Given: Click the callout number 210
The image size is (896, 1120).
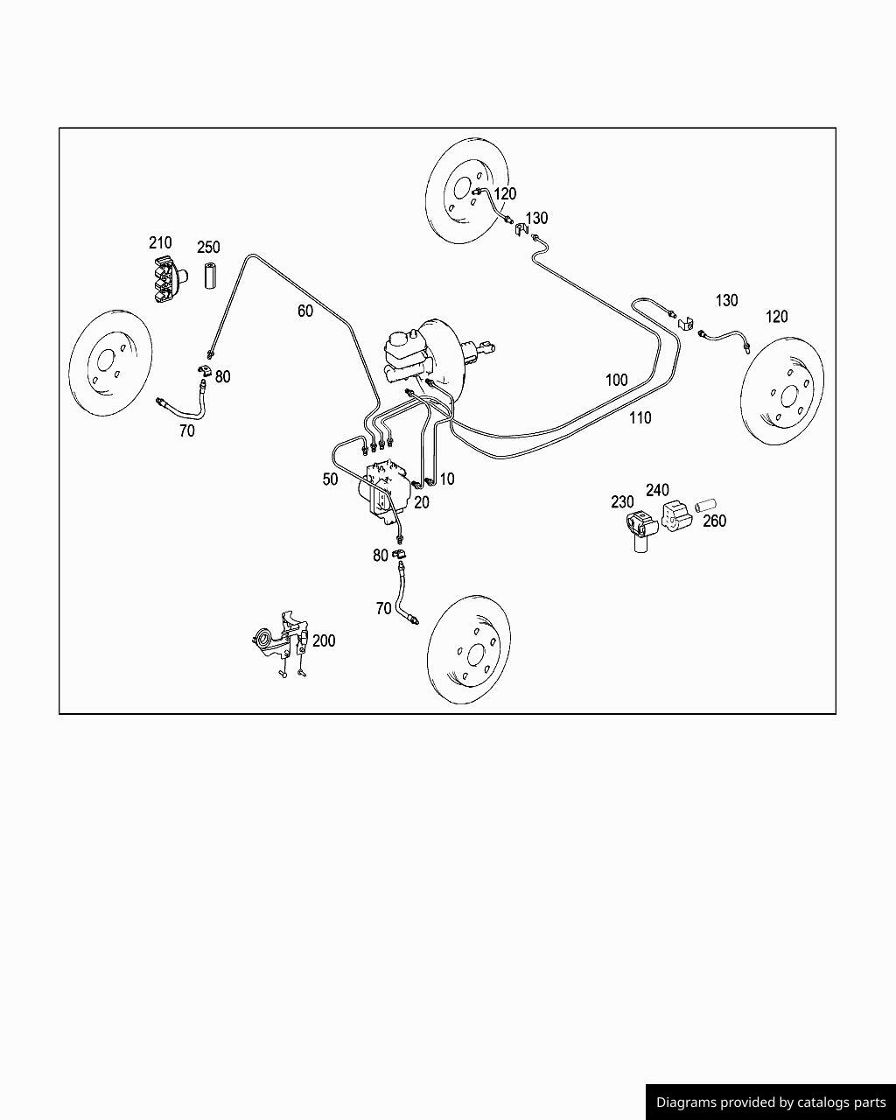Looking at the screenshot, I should pos(160,242).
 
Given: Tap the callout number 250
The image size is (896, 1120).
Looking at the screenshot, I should pos(208,248).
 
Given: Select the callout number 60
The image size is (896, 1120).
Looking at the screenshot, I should pos(304,311).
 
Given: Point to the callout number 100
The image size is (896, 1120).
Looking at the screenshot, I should pos(616,380).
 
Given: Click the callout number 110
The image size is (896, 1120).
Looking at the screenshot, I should pos(640,418).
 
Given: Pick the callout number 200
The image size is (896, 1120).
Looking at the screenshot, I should pos(324,640).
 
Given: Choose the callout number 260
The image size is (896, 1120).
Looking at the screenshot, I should pos(714,521).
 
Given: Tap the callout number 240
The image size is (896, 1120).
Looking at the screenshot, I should pos(657,490).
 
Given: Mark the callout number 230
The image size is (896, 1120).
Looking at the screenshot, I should pos(622,502).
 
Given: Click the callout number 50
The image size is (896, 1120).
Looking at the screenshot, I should pos(330,479).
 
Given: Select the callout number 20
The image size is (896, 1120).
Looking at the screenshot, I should pos(422,502).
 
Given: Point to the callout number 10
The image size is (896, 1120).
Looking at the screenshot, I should pos(447,479).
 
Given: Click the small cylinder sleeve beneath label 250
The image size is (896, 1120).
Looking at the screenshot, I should pos(210,275).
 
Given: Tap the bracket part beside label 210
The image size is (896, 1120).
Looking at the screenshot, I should pos(164,280).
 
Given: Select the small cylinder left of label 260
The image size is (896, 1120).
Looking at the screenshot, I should pos(705,505).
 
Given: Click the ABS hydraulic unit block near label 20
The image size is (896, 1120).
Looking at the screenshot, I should pos(385,492).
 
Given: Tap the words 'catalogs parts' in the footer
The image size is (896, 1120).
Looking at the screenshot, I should pos(843,1102).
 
